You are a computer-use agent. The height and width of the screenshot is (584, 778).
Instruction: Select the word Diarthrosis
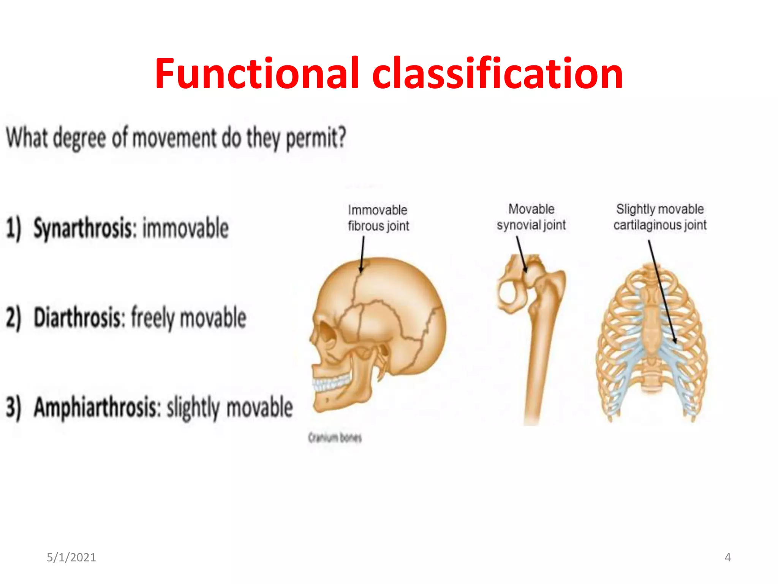coord(79,318)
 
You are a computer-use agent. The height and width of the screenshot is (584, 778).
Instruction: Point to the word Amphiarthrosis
coord(97,408)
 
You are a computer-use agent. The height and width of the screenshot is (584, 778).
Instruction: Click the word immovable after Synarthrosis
coord(185,228)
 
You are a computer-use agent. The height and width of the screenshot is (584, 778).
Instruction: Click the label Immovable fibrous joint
coord(378,218)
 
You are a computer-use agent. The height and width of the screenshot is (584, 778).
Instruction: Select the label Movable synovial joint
coord(531,217)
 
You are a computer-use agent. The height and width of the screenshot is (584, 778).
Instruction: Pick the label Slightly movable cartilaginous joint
coord(660,217)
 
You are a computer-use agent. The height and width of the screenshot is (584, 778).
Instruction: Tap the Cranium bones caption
coord(335,438)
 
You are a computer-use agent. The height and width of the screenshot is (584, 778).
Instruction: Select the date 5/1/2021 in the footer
coord(71,557)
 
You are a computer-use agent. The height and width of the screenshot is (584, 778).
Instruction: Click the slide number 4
coord(727,557)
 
